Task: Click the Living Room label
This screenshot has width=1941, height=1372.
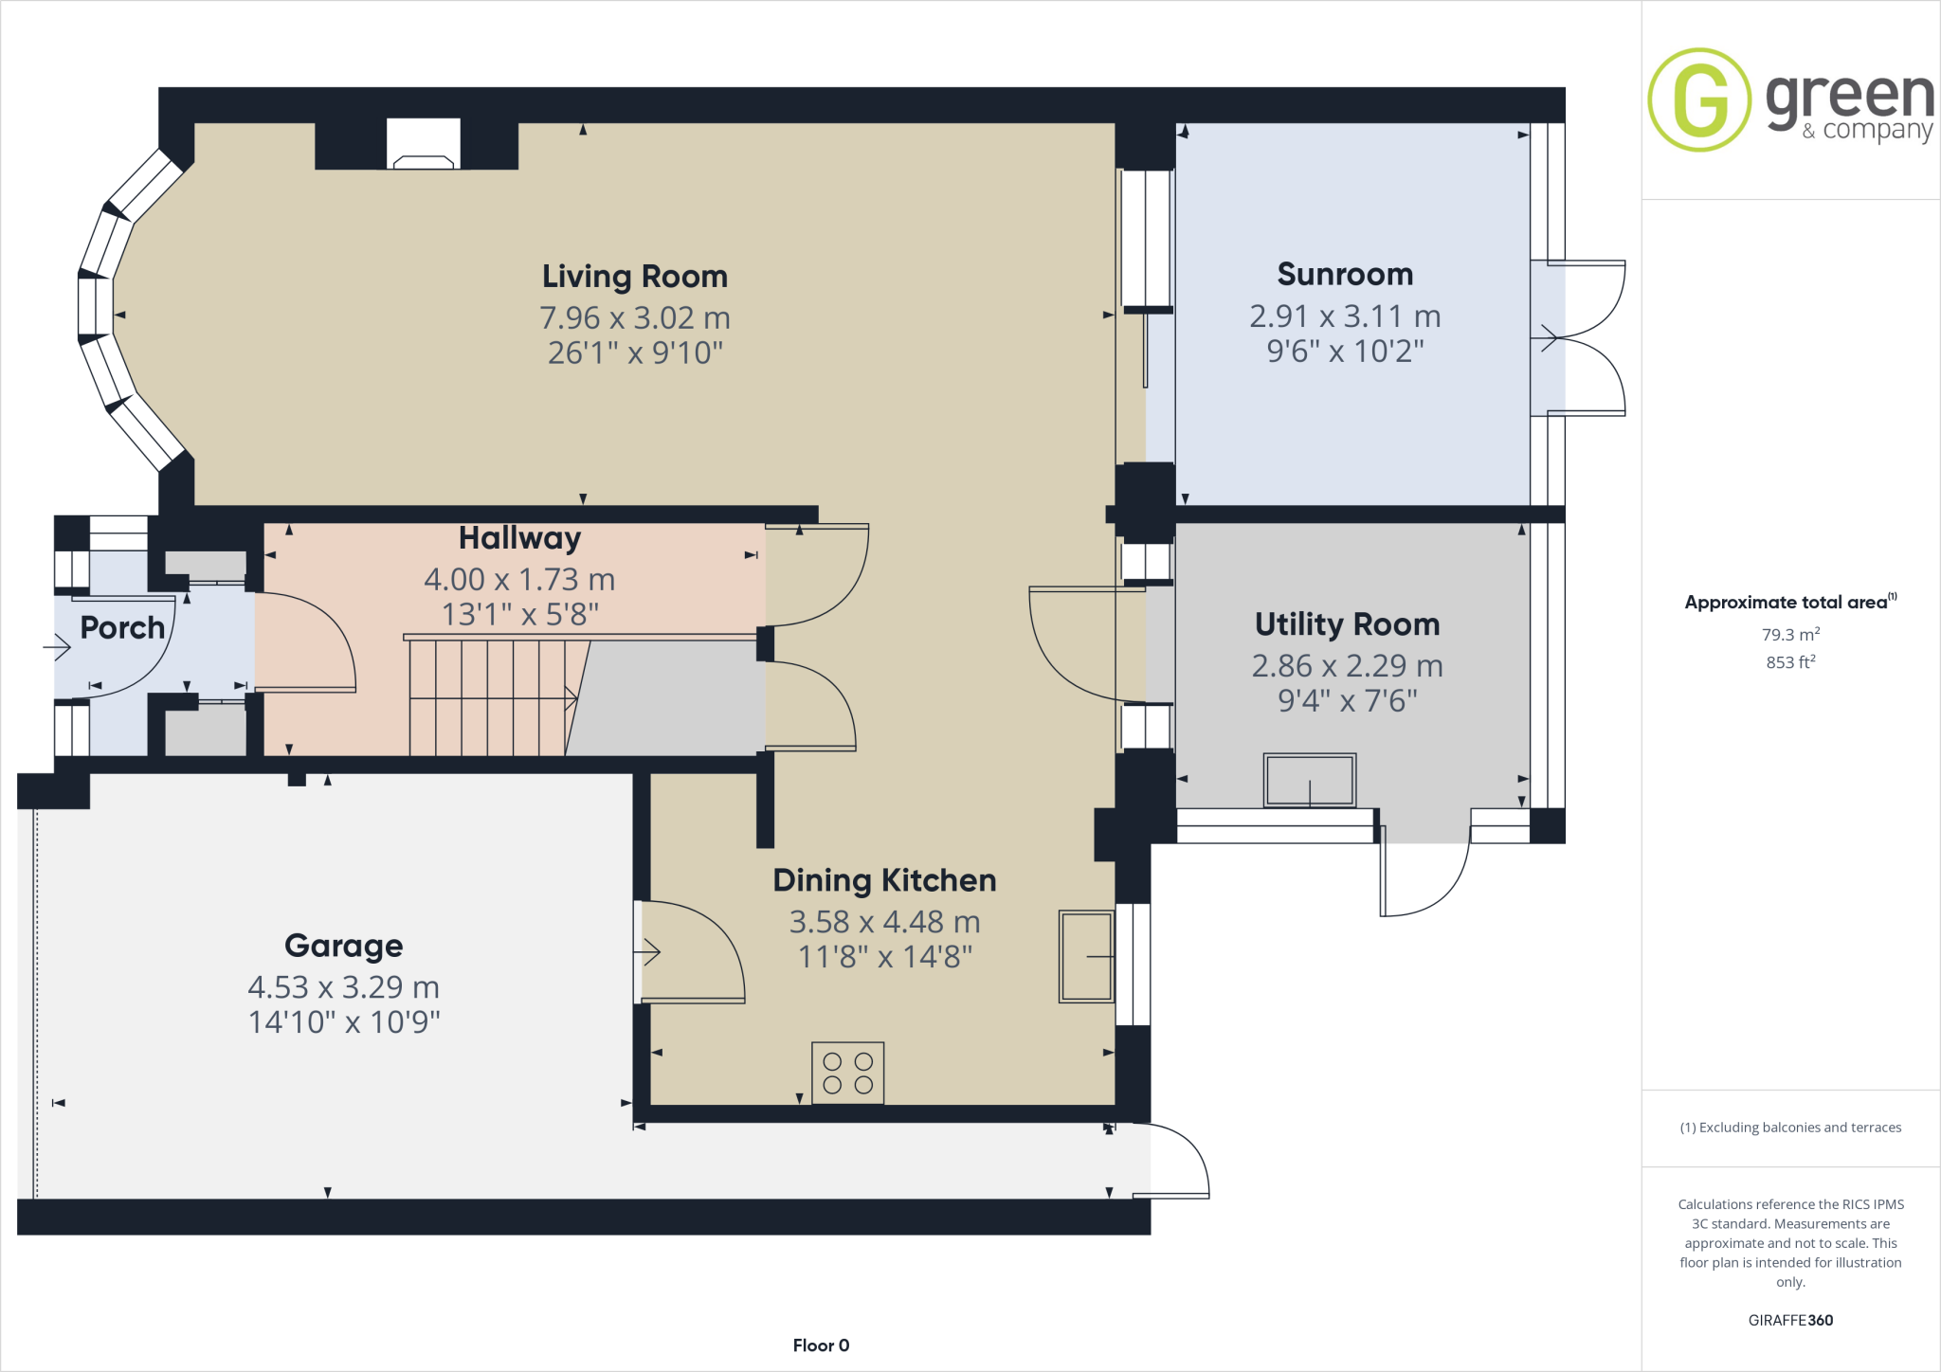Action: point(634,277)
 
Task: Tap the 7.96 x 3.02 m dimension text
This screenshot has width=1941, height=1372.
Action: point(634,318)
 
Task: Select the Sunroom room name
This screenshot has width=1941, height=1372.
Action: point(1345,275)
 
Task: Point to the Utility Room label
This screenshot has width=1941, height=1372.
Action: point(1347,624)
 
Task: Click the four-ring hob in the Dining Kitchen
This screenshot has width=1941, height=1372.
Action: point(847,1074)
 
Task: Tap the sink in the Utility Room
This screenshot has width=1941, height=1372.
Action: point(1309,780)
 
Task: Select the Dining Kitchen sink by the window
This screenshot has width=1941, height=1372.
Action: point(1085,956)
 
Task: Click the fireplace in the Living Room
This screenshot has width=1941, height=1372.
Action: point(423,145)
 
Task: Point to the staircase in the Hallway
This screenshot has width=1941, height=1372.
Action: point(488,697)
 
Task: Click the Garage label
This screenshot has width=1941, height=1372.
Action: point(343,946)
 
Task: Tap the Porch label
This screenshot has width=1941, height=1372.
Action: point(122,627)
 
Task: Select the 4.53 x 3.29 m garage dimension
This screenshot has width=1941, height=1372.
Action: point(343,987)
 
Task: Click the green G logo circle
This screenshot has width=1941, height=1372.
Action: point(1699,99)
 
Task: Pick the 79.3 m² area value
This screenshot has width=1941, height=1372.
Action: point(1789,635)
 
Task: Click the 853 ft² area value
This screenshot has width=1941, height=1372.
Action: point(1789,662)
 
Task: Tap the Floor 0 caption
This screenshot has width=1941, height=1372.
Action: point(821,1345)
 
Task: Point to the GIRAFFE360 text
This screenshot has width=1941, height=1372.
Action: point(1789,1320)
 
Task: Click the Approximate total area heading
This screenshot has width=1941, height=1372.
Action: point(1786,603)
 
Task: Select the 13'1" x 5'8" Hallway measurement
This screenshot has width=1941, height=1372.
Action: point(519,615)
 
